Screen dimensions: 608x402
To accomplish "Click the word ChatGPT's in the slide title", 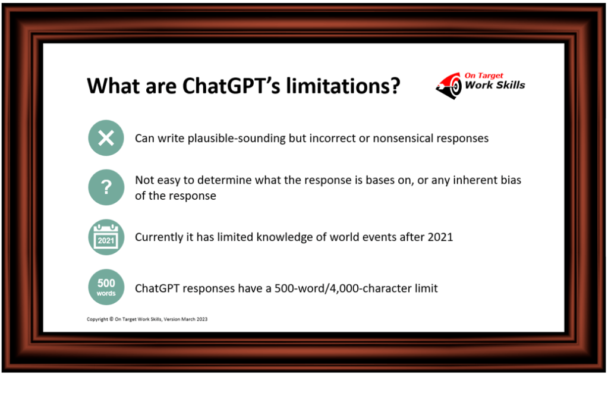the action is pyautogui.click(x=231, y=86).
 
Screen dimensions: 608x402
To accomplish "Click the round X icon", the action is pyautogui.click(x=106, y=138).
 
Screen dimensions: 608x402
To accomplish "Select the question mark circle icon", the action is pyautogui.click(x=106, y=187).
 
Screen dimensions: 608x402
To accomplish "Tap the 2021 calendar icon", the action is pyautogui.click(x=106, y=237).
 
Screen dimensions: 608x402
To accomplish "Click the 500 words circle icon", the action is pyautogui.click(x=106, y=287).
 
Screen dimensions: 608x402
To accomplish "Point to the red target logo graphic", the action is pyautogui.click(x=449, y=86).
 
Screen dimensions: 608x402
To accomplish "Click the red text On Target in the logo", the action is pyautogui.click(x=484, y=76).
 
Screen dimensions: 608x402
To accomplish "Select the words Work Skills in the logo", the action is pyautogui.click(x=494, y=85).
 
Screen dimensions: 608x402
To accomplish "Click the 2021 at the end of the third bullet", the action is pyautogui.click(x=440, y=237).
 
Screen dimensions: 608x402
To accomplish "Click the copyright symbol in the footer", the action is pyautogui.click(x=111, y=319).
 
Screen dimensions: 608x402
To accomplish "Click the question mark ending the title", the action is pyautogui.click(x=395, y=86).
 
